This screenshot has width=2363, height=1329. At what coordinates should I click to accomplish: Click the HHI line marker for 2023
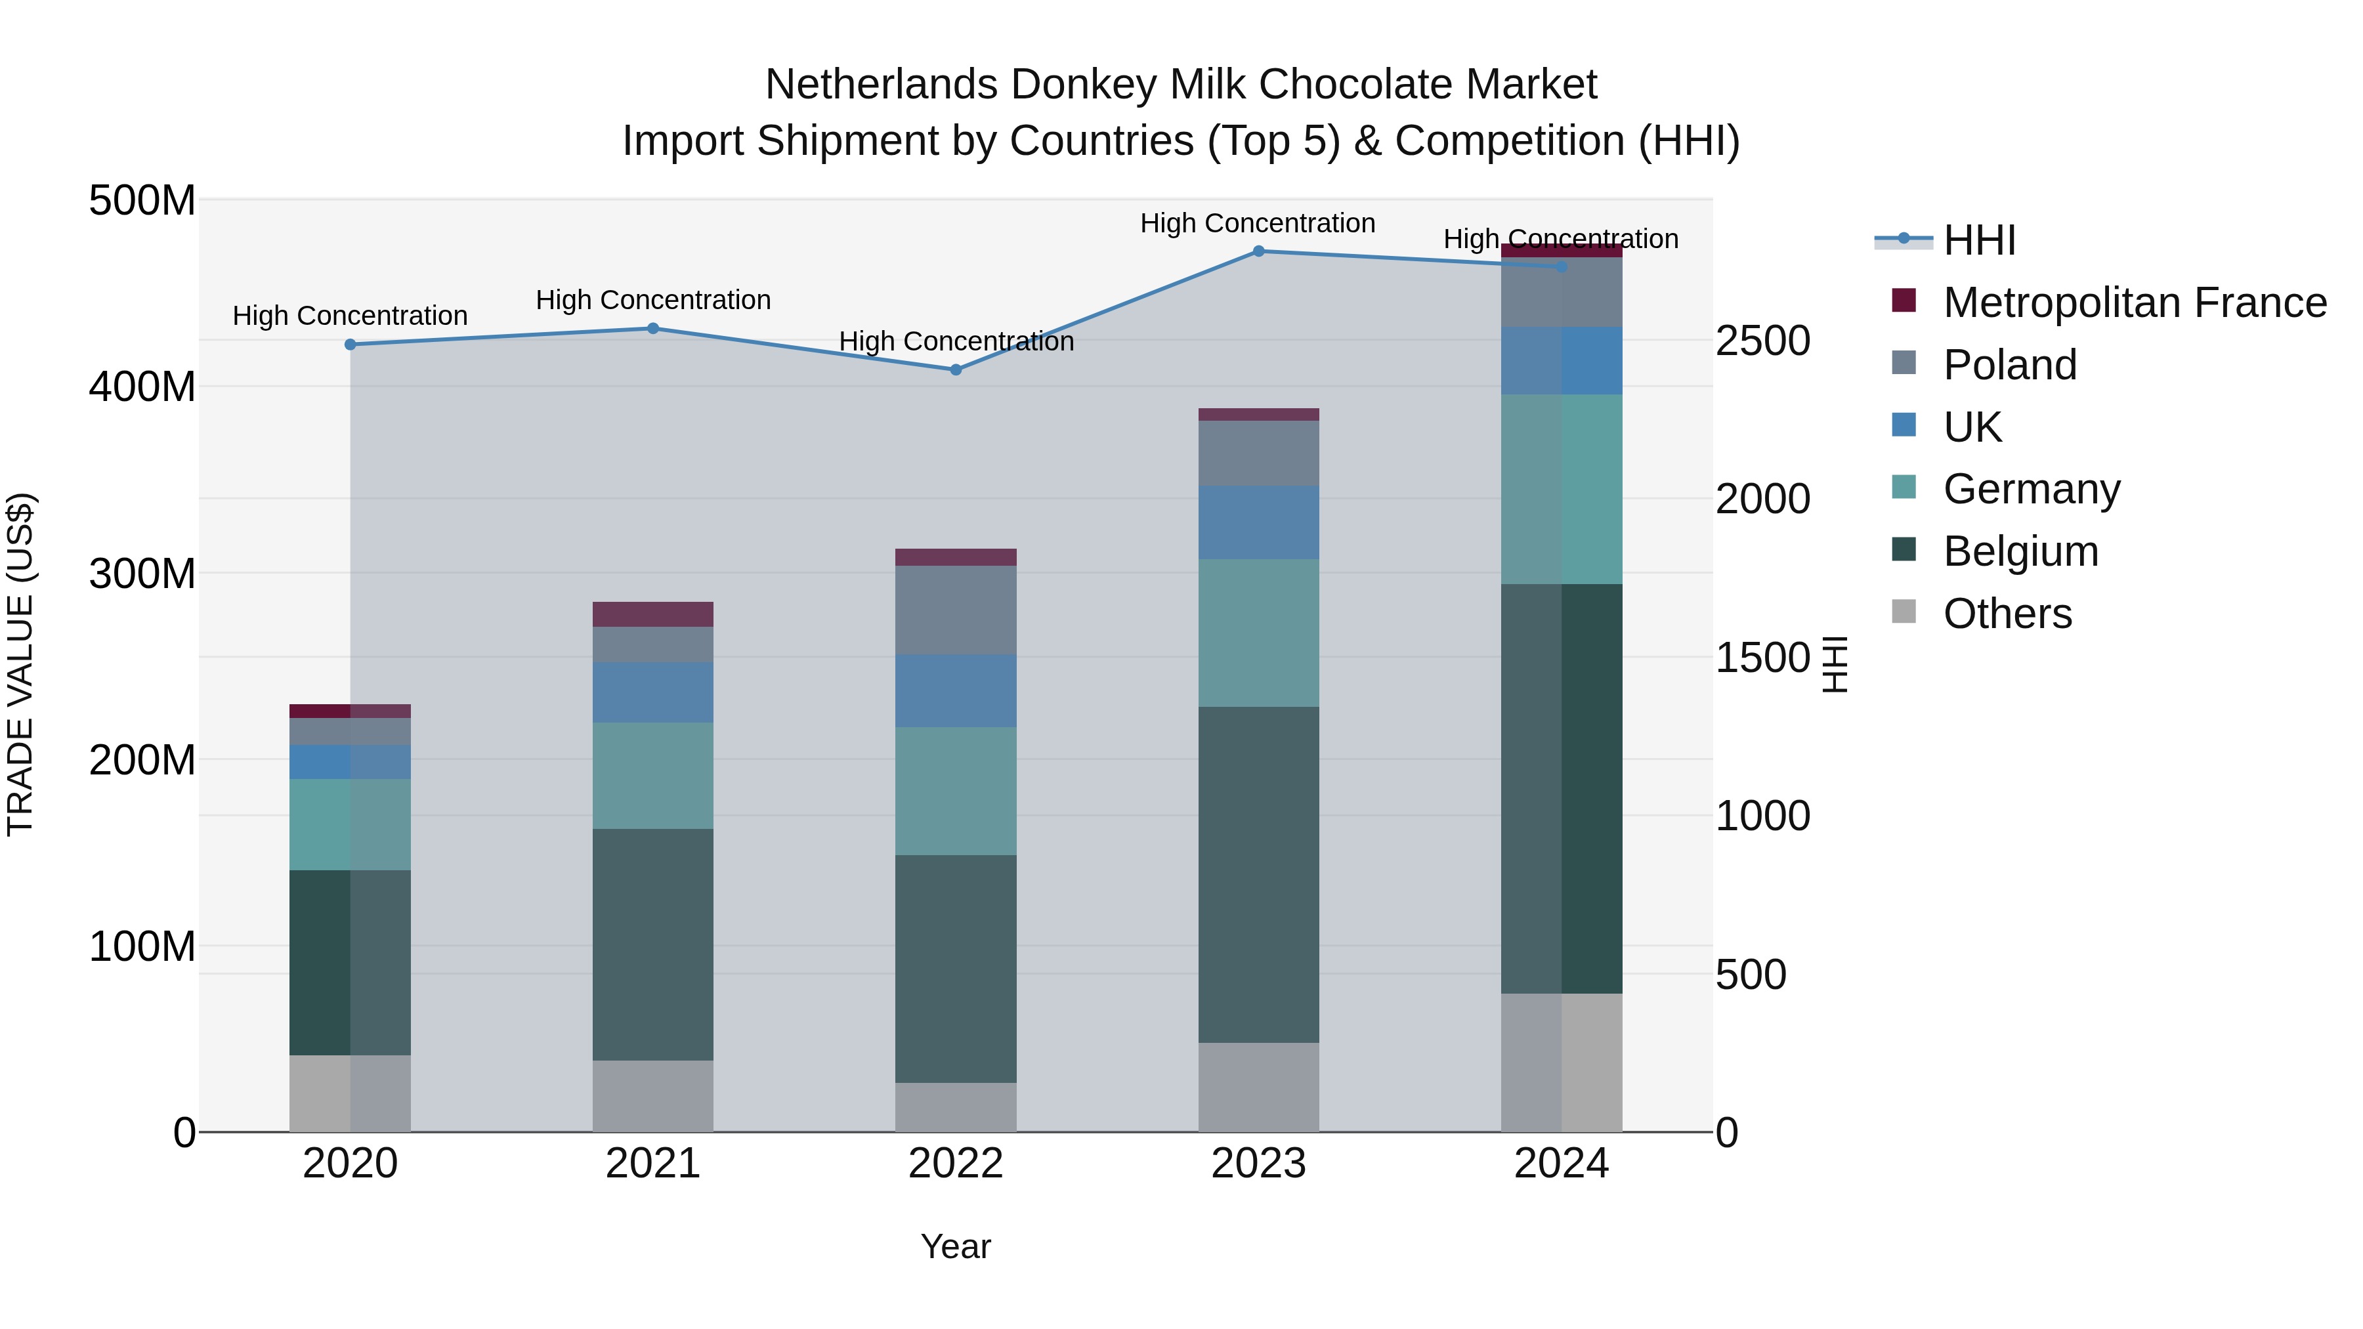click(1258, 251)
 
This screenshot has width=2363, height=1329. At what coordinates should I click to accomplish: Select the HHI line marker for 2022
click(956, 369)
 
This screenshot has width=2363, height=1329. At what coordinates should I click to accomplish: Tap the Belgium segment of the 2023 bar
click(1258, 874)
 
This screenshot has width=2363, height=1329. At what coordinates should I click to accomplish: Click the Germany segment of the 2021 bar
click(652, 776)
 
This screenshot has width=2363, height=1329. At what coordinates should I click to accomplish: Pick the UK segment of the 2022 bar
click(956, 690)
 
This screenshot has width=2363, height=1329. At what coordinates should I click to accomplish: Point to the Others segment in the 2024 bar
click(1562, 1062)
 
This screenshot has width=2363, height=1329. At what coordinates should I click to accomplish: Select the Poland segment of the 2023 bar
click(1258, 453)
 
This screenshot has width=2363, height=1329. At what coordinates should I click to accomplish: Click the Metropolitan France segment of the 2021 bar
click(652, 614)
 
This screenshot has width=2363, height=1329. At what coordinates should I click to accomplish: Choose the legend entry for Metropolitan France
click(2134, 303)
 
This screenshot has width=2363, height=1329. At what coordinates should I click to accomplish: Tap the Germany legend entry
click(2031, 489)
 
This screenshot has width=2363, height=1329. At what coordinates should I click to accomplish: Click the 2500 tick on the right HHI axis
click(1762, 341)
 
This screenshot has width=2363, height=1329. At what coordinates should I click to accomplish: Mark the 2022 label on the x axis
click(956, 1164)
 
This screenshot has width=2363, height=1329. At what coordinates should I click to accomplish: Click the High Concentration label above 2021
click(652, 300)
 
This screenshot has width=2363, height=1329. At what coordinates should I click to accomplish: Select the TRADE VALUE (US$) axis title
click(20, 664)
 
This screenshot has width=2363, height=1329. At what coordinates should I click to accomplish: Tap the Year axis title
click(956, 1246)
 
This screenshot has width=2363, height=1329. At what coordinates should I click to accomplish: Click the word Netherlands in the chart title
click(881, 85)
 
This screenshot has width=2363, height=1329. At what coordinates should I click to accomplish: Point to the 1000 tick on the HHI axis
click(1762, 816)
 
